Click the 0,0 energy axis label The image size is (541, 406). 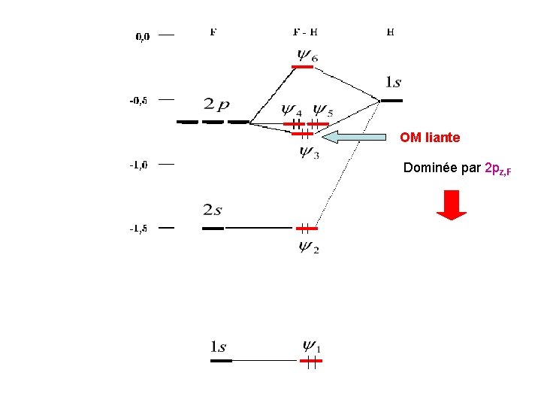(x=143, y=35)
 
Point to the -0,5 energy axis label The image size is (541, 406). (x=139, y=99)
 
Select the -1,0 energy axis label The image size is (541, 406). (x=138, y=165)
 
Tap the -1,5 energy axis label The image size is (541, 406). (x=138, y=229)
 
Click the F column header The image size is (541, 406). (x=214, y=32)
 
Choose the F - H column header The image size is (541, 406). (x=304, y=32)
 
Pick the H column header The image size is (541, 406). (x=391, y=32)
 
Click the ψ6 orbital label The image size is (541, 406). (x=307, y=55)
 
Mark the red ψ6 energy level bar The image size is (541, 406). (x=303, y=67)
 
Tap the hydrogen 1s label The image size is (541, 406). (x=393, y=81)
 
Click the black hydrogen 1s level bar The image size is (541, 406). (x=391, y=100)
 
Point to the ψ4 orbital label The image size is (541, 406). (x=292, y=111)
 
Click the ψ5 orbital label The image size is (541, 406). (x=323, y=111)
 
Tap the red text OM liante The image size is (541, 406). (x=430, y=138)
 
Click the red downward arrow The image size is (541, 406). (x=452, y=205)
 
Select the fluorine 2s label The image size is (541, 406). (x=213, y=210)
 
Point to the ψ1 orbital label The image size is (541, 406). (x=311, y=347)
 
